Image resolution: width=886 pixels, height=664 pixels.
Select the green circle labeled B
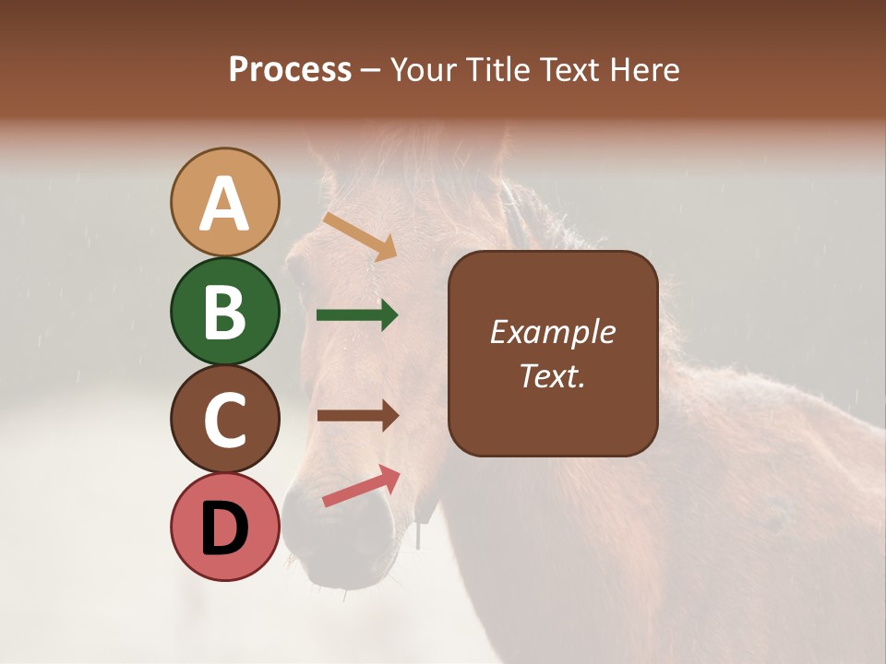coord(225,311)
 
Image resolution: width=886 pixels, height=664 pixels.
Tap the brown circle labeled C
coord(225,419)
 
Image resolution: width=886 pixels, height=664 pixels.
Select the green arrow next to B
coord(357,315)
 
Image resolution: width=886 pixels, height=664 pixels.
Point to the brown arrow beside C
coord(358,416)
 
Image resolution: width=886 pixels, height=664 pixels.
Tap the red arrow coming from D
coord(361,486)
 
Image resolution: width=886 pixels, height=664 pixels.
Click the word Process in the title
coord(290,70)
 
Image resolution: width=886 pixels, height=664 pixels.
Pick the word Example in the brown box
coord(552,332)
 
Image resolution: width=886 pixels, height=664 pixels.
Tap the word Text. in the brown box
coord(552,375)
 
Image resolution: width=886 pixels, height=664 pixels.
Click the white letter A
coord(225,203)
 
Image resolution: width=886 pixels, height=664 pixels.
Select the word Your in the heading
coord(425,70)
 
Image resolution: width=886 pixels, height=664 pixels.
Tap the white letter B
coord(225,312)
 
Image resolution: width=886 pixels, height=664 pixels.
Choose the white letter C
coord(225,420)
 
